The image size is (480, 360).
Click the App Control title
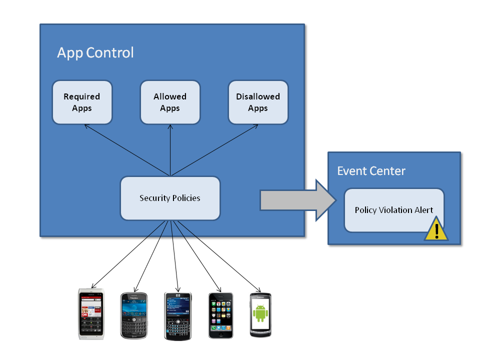95,52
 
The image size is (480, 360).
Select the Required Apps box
82,102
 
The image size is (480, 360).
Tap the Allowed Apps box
170,102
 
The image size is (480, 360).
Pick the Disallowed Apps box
258,102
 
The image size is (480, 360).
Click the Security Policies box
170,198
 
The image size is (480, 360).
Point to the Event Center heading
371,171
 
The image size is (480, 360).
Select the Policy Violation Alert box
393,210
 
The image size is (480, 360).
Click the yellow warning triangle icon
436,230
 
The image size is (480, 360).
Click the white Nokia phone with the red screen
91,314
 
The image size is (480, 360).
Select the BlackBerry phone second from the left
134,315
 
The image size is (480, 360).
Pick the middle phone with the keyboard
178,315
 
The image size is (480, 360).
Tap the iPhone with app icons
220,315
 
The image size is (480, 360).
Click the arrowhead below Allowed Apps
170,126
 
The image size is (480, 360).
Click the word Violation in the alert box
393,210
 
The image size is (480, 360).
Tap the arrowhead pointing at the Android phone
259,290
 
